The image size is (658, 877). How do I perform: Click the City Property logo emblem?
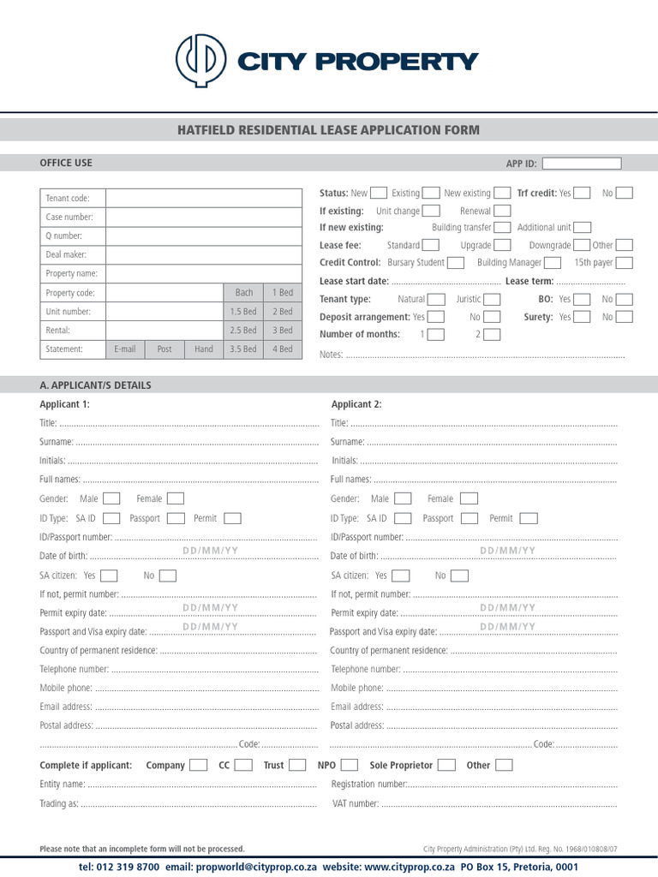click(x=201, y=61)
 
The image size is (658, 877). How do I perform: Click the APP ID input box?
click(x=582, y=164)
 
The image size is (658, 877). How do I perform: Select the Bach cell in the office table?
click(x=243, y=293)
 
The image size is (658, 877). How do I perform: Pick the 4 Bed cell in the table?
click(x=282, y=349)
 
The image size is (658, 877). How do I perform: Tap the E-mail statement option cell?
click(x=125, y=349)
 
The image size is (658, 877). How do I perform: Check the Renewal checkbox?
click(x=502, y=211)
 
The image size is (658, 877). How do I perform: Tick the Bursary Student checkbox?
click(x=456, y=263)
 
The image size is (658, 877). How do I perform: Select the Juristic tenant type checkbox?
click(x=492, y=299)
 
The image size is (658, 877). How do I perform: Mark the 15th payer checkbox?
click(x=624, y=263)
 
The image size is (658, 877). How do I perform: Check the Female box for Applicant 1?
click(x=175, y=498)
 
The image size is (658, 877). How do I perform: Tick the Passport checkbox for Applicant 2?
click(x=469, y=518)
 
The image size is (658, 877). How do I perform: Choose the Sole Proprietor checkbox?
click(x=447, y=765)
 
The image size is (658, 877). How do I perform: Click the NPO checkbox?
click(x=350, y=765)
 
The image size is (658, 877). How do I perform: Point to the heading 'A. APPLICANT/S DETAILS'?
click(x=95, y=385)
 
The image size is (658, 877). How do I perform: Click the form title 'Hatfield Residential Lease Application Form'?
click(x=328, y=130)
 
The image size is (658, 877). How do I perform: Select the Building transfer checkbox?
click(x=502, y=228)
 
